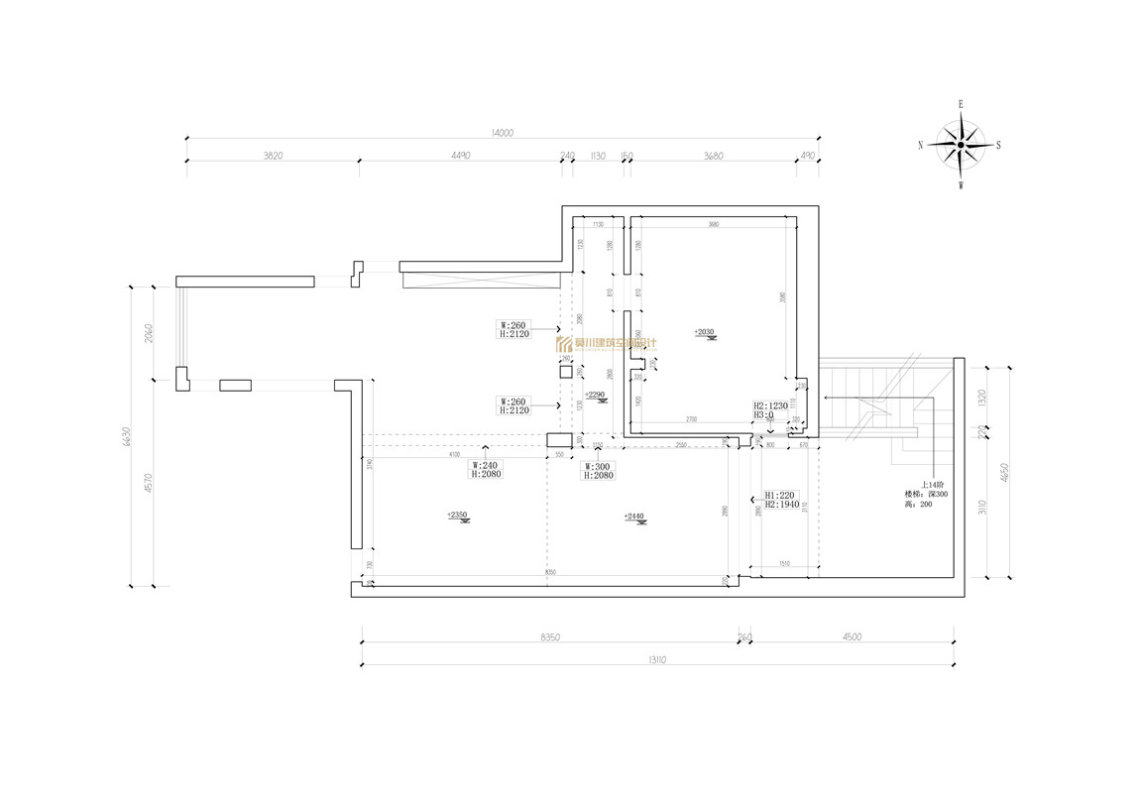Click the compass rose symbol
point(960,145)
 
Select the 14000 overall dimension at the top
point(503,132)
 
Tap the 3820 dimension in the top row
point(273,155)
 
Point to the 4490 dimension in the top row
point(460,155)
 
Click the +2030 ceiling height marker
point(705,333)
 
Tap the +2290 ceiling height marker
point(595,396)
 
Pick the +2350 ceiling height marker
point(457,516)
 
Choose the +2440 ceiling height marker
point(634,517)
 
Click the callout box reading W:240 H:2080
point(486,470)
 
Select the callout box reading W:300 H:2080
point(599,470)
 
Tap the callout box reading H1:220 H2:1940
point(782,500)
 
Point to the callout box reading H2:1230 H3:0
point(770,410)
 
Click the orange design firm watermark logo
point(606,344)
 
